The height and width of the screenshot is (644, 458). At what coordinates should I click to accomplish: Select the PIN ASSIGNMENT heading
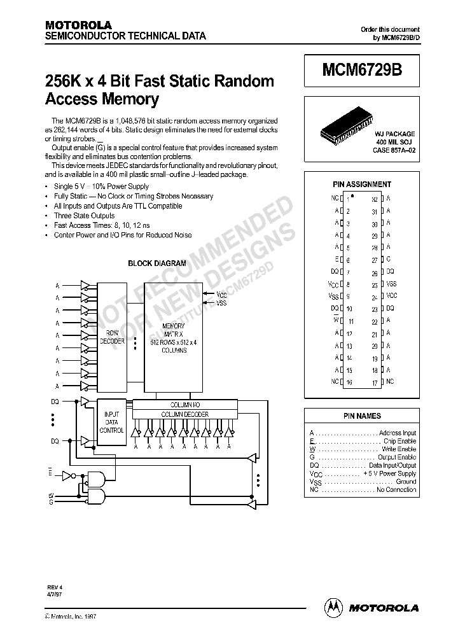click(362, 185)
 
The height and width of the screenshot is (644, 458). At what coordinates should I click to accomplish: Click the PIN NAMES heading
click(362, 416)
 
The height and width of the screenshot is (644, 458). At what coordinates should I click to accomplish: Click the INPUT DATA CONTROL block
click(112, 421)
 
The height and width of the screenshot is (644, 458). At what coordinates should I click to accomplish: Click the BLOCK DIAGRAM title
click(157, 263)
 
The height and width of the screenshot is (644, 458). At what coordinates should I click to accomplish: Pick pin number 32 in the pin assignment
click(375, 199)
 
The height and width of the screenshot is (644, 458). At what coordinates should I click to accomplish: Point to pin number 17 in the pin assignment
click(375, 382)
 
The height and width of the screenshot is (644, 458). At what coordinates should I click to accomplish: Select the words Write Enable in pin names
click(398, 449)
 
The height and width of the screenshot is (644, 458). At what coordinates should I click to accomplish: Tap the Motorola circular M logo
click(335, 607)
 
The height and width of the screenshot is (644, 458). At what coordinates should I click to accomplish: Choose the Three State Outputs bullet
click(85, 216)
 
